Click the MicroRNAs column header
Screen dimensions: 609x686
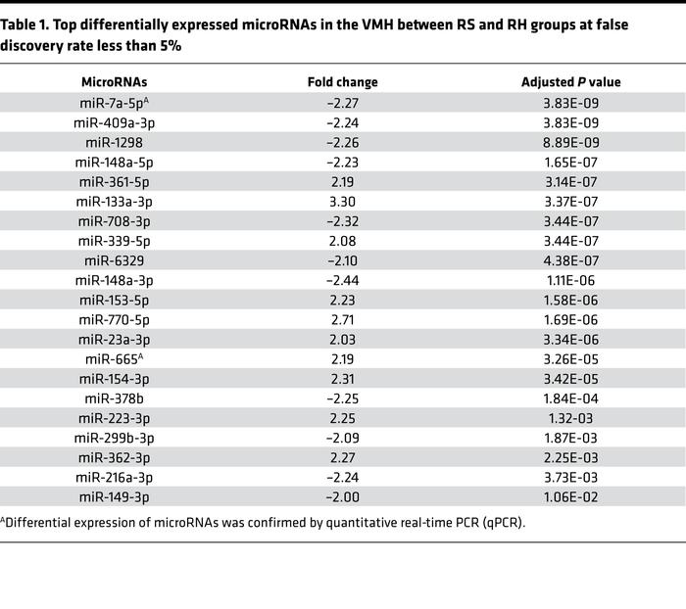(x=115, y=82)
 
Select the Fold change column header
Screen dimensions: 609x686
(x=342, y=82)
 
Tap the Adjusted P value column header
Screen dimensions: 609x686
(x=570, y=82)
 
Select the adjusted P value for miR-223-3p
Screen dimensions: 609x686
(x=570, y=416)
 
